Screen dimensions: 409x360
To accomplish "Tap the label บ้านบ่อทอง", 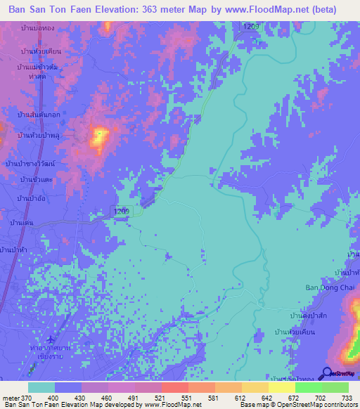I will (x=37, y=27).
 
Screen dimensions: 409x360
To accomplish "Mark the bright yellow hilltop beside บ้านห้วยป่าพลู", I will (x=99, y=135).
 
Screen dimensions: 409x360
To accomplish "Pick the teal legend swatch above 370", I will (x=41, y=387).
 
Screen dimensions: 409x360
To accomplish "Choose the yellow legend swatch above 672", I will (x=281, y=387).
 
